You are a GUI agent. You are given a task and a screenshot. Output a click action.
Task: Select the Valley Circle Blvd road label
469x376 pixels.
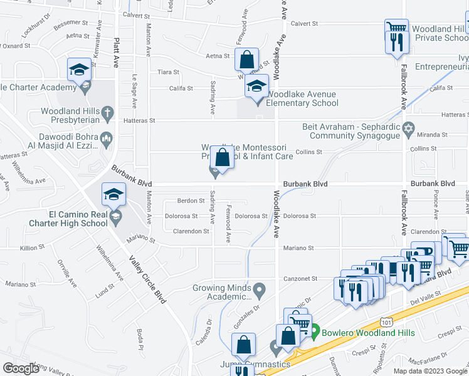tap(147, 279)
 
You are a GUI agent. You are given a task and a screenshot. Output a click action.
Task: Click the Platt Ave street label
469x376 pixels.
tap(117, 53)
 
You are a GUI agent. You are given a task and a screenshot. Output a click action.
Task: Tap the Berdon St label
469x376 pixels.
tap(192, 201)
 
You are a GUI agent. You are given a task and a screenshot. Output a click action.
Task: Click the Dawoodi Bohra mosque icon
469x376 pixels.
tap(107, 139)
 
